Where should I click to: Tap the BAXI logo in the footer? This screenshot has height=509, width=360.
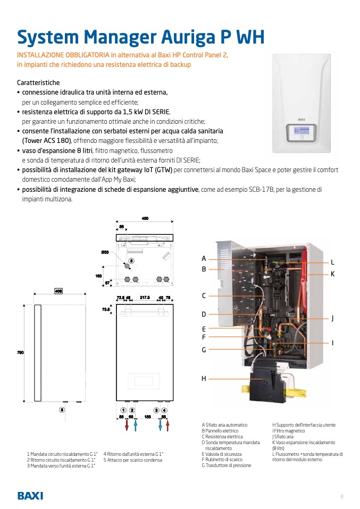[30, 496]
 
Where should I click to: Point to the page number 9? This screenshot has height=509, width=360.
[342, 496]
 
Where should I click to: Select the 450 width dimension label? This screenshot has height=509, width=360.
[145, 218]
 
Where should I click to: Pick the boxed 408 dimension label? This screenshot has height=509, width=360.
[59, 291]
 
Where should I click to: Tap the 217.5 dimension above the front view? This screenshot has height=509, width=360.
[145, 298]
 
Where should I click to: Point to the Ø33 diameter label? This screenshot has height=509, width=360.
[105, 252]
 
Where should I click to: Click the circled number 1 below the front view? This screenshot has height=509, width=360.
[123, 410]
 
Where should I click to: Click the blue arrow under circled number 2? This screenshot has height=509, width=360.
[136, 426]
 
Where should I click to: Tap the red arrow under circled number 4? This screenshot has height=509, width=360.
[168, 426]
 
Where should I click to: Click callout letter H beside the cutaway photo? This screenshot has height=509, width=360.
[204, 379]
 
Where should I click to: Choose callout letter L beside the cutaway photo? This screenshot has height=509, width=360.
[332, 262]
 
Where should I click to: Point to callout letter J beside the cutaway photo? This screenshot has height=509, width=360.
[332, 318]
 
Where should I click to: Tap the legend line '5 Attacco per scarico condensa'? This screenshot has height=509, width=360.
[133, 460]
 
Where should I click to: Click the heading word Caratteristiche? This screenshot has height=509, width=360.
[38, 83]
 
